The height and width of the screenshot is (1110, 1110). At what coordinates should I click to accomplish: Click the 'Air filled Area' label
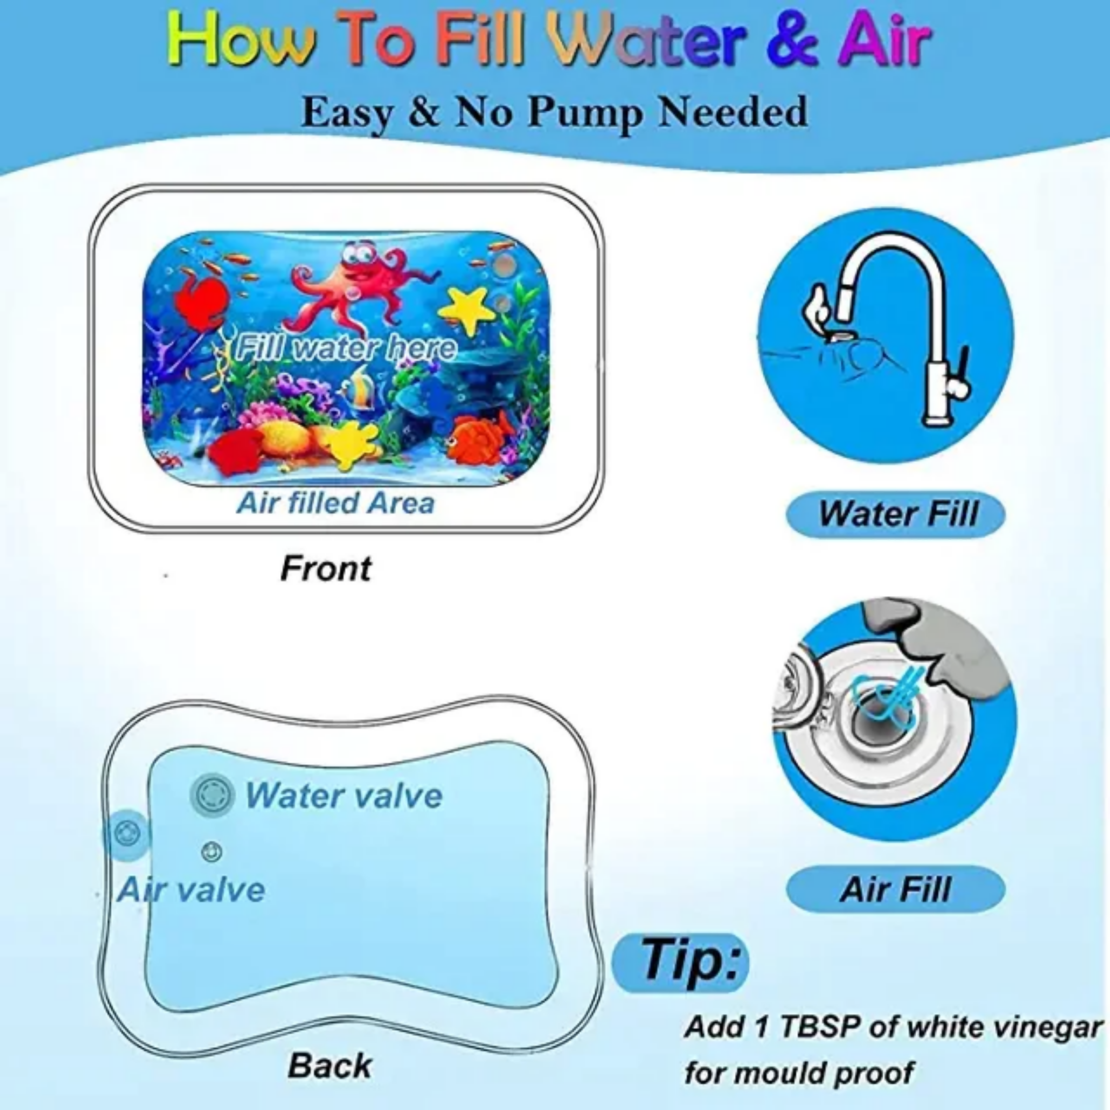pyautogui.click(x=336, y=504)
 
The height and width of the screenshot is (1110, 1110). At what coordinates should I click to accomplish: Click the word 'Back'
pyautogui.click(x=330, y=1065)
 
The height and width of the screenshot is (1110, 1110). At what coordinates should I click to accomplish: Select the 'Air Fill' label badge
pyautogui.click(x=896, y=889)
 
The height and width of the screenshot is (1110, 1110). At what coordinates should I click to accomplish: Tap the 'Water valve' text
pyautogui.click(x=344, y=796)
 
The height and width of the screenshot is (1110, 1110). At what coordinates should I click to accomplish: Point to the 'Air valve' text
pyautogui.click(x=191, y=890)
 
